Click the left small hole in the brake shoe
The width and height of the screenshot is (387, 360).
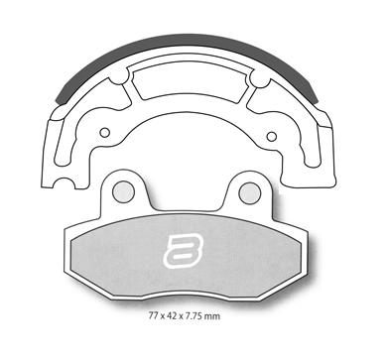(x=105, y=133)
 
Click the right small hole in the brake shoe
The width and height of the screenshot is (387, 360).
(x=272, y=136)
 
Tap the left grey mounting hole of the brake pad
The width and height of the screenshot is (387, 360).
(x=123, y=192)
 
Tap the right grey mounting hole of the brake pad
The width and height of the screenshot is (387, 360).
(x=250, y=193)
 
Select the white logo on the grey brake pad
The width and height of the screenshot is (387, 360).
(x=183, y=250)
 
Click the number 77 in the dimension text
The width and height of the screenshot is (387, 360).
(x=152, y=316)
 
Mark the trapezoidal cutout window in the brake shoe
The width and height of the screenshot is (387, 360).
(x=190, y=81)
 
